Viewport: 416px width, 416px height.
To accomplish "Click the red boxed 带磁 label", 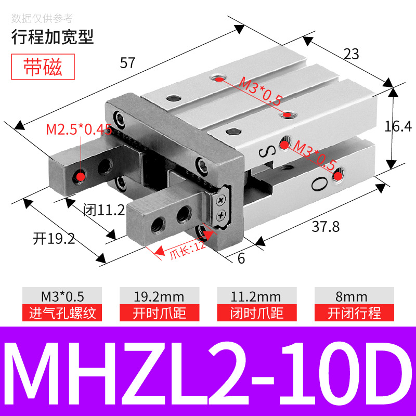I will click(x=43, y=68).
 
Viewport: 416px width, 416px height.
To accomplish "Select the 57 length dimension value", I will click(x=127, y=63).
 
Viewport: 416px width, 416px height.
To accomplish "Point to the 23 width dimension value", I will click(x=352, y=54).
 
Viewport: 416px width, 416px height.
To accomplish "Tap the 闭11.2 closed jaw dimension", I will click(x=104, y=210).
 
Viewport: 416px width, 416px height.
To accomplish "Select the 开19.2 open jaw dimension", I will click(x=54, y=239).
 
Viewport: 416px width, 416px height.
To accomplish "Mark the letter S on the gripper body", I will click(x=264, y=152).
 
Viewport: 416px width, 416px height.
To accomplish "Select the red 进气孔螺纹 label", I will click(x=62, y=313).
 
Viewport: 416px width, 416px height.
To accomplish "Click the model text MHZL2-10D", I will click(x=208, y=371).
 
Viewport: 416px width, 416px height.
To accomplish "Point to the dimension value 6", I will click(x=241, y=258).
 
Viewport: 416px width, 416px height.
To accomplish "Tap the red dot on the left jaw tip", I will click(x=80, y=176).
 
